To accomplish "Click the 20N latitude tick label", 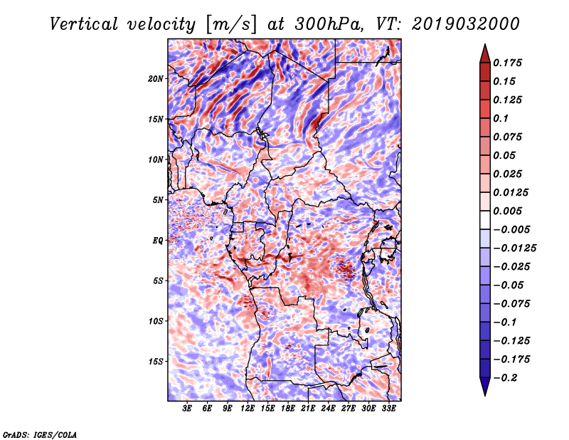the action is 155,79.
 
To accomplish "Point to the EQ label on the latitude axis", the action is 158,241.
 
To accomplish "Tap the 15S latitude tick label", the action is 155,362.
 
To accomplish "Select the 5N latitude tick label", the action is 158,200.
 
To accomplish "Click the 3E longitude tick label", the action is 187,409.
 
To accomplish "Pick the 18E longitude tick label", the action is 288,409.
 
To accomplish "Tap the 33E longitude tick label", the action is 388,409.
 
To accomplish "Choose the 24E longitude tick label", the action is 328,409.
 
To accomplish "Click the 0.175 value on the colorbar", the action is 507,63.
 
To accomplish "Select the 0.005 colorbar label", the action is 507,211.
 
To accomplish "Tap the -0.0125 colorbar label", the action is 514,248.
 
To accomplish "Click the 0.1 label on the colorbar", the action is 501,118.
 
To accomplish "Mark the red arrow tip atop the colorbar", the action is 485,44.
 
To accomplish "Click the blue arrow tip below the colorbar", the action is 485,395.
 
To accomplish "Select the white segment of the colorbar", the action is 485,220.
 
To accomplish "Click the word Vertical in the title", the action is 84,24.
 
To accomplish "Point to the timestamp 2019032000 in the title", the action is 466,24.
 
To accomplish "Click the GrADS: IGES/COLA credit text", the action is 40,434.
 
